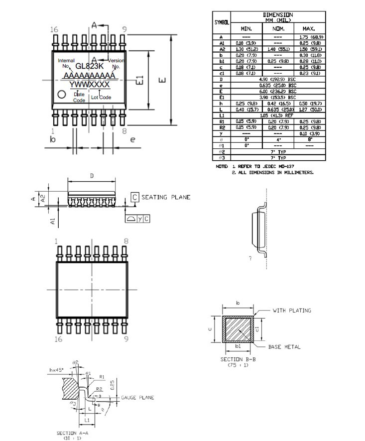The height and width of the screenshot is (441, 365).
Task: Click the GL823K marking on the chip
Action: [90, 66]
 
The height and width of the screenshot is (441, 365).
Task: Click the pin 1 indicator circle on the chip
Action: [62, 94]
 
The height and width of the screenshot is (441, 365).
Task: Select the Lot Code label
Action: [101, 98]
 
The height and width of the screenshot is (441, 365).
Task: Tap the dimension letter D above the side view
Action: [92, 176]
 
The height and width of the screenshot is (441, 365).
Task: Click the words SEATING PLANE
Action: [166, 198]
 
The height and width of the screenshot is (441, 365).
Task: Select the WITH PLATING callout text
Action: [292, 311]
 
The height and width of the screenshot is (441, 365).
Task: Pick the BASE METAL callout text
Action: [284, 347]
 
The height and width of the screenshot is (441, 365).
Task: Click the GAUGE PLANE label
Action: [137, 398]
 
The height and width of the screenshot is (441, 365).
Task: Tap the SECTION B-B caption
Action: [238, 359]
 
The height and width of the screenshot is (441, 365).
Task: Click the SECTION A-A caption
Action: [73, 433]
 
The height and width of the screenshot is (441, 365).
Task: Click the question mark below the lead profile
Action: [250, 259]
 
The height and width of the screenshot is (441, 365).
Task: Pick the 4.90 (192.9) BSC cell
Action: [278, 79]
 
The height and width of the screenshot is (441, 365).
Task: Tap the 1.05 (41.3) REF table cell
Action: [278, 115]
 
